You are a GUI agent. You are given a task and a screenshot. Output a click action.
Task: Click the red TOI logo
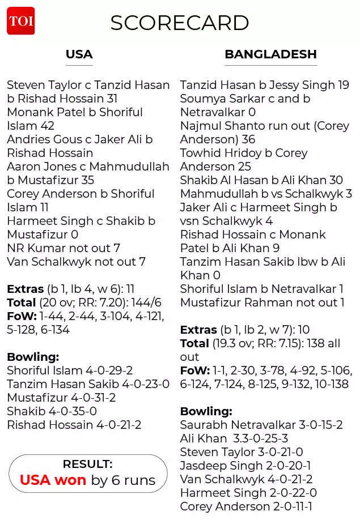coord(20,21)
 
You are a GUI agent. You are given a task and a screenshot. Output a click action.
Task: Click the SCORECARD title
coord(180,23)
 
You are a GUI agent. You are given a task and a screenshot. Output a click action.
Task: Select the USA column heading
coord(79,54)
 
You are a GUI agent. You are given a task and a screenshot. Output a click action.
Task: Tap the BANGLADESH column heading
coord(270,54)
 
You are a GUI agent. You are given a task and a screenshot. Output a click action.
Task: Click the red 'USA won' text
coord(53,480)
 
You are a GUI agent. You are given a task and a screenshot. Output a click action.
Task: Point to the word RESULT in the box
coord(87,464)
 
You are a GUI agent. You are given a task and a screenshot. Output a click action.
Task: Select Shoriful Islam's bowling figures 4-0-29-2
coord(109,370)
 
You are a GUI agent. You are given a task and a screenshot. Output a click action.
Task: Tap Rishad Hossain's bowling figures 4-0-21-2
coord(118,425)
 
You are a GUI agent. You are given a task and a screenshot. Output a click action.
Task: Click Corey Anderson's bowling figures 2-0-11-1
coord(293,506)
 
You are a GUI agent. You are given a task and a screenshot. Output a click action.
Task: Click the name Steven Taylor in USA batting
coord(44,85)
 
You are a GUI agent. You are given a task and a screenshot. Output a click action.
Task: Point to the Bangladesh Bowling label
coord(206,411)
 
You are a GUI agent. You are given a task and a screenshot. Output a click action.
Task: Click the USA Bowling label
coord(33,357)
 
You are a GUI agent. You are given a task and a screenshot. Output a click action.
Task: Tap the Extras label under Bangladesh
coord(198,330)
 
